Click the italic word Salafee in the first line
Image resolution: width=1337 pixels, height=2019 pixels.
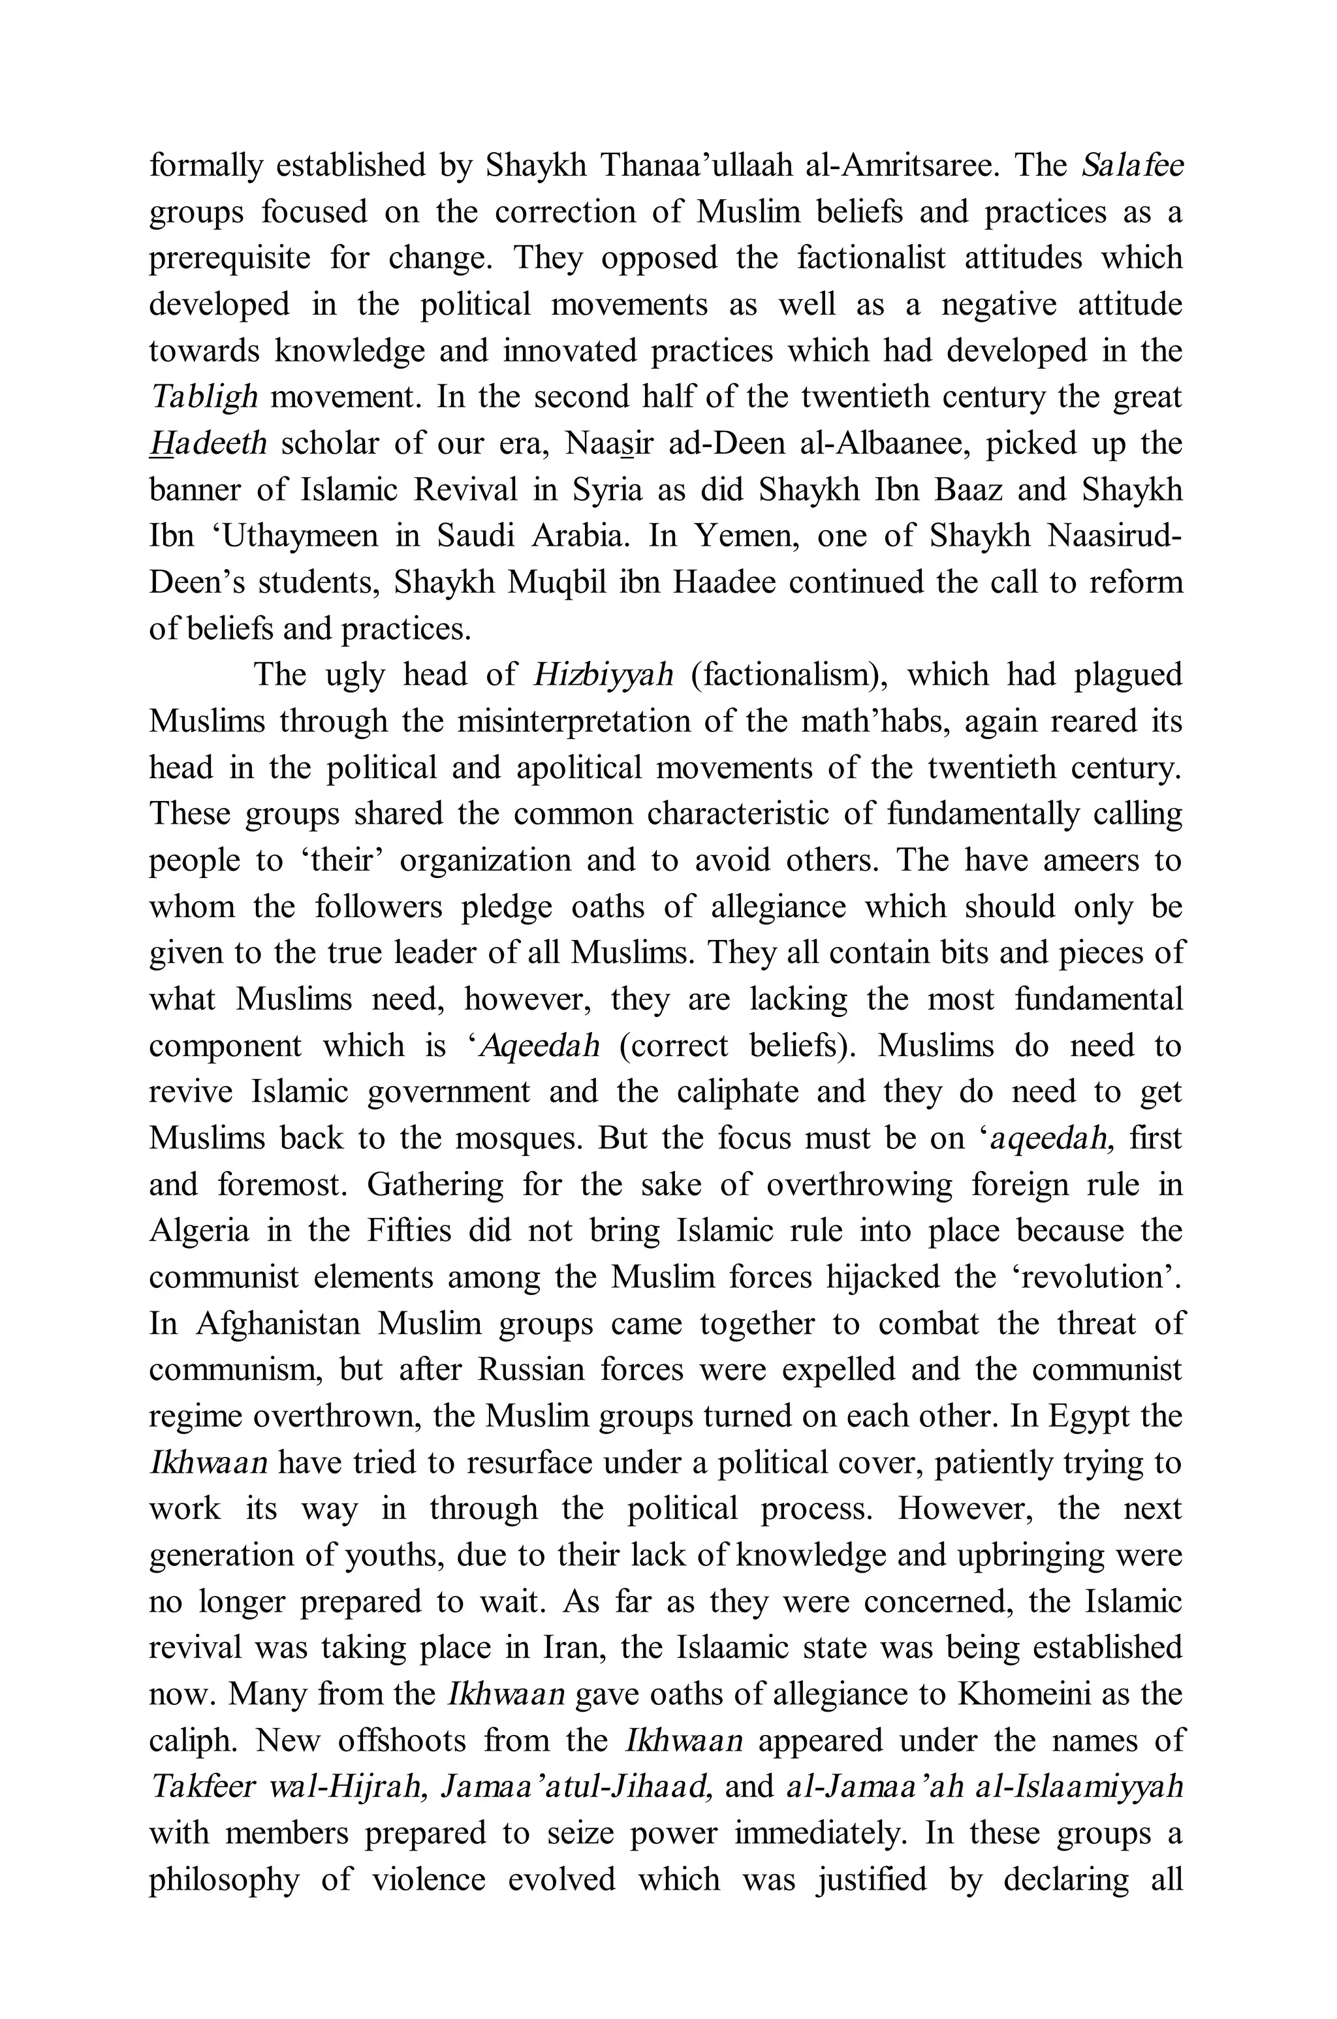1133,165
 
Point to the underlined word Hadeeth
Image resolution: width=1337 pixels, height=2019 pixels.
208,443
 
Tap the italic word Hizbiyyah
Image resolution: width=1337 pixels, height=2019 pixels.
603,675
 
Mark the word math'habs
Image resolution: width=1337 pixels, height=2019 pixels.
872,721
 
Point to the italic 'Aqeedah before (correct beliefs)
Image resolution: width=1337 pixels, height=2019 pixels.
534,1045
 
